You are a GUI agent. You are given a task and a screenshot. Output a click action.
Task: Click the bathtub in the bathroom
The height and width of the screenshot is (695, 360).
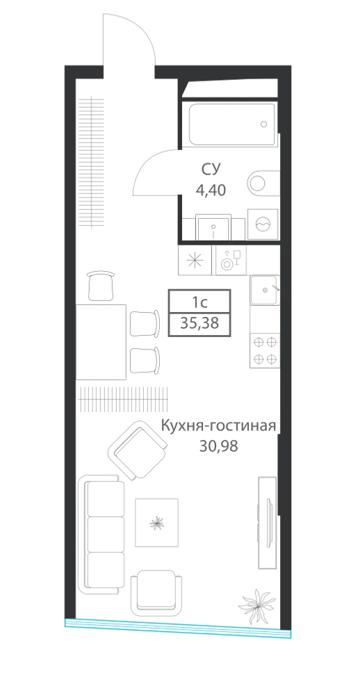click(231, 124)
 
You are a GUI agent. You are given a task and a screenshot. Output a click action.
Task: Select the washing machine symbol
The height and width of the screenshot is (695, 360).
click(263, 224)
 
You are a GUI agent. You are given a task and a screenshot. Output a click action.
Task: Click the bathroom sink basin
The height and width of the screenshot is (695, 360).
click(213, 227)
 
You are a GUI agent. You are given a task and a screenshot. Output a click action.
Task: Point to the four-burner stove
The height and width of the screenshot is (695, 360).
click(265, 350)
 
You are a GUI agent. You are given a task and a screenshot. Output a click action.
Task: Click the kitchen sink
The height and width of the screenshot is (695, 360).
click(265, 290)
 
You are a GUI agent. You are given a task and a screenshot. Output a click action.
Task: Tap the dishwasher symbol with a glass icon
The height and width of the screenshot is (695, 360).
click(231, 260)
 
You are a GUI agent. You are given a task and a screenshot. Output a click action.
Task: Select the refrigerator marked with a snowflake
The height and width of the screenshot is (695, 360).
click(195, 260)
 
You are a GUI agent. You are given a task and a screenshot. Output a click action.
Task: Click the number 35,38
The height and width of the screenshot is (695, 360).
click(199, 324)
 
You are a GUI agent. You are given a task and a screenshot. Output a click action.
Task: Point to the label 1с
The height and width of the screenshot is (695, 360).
click(199, 302)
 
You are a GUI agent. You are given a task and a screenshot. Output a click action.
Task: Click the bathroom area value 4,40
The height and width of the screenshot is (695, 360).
click(211, 190)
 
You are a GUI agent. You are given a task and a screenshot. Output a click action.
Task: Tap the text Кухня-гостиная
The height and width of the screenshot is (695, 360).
click(218, 427)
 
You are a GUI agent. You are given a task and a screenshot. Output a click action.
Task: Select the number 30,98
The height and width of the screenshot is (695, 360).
click(218, 446)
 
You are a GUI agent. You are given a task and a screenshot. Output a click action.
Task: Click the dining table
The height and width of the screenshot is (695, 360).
click(101, 342)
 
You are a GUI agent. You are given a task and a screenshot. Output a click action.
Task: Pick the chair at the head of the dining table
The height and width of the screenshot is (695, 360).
click(101, 286)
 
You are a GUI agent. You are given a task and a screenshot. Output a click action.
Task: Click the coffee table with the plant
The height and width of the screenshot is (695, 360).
click(156, 523)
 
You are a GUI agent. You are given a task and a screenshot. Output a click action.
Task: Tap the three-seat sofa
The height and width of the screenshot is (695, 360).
click(101, 534)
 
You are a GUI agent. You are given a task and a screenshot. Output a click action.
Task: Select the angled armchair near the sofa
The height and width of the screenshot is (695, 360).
click(137, 450)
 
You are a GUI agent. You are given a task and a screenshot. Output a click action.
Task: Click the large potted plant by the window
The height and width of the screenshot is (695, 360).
click(257, 605)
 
